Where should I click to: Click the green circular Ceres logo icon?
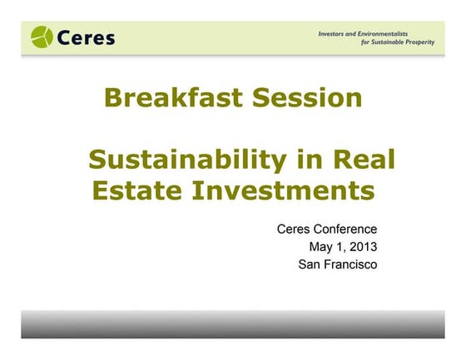click(42, 37)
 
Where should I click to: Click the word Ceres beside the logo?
click(87, 37)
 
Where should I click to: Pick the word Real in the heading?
click(362, 159)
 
